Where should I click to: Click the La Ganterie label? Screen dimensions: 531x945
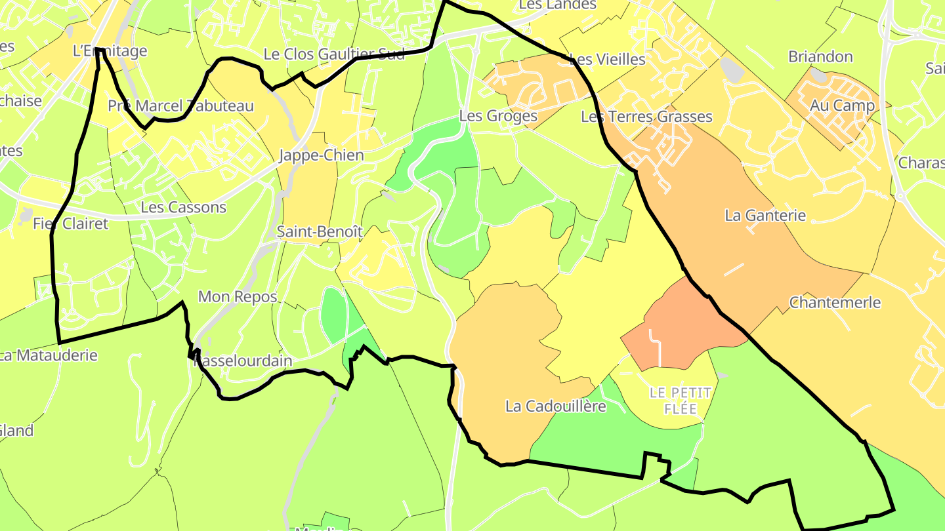765,215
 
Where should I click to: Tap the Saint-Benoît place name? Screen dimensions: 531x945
320,231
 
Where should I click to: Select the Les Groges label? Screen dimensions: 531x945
498,116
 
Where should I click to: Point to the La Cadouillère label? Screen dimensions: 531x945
555,406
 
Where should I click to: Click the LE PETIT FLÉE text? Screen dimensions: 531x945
681,401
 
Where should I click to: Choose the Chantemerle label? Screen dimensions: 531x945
835,302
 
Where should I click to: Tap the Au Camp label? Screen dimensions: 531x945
842,105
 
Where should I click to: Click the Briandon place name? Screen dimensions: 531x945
820,56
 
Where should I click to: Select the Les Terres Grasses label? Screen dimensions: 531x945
646,117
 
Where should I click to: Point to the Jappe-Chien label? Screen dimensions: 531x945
321,155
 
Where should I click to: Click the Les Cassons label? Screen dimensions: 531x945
183,207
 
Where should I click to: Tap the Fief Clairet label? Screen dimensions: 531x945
70,224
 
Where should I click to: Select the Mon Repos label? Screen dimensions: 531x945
238,296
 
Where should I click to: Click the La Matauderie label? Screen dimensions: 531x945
49,355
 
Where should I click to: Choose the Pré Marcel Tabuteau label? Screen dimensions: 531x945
180,106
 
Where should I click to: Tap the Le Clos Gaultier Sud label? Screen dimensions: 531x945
334,54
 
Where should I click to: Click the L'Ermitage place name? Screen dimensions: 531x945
110,50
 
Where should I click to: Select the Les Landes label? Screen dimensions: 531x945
557,5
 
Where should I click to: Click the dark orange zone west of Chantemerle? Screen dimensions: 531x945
682,324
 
